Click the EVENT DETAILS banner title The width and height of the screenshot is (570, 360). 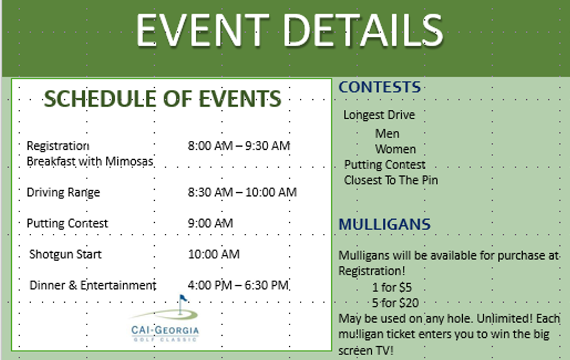[289, 31]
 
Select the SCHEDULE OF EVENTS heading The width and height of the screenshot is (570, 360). [163, 99]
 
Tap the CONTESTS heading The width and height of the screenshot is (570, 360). [380, 87]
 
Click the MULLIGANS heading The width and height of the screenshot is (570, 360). [385, 225]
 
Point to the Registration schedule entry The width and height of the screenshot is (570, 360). [58, 146]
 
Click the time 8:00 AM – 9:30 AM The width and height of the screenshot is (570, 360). [239, 146]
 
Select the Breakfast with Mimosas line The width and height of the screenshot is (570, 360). [90, 162]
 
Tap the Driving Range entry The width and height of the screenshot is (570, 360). [63, 193]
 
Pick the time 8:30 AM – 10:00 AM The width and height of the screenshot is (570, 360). [242, 192]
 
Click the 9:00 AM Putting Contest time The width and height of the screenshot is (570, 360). [210, 223]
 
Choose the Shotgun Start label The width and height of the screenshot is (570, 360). [65, 255]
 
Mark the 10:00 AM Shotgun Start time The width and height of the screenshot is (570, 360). [214, 254]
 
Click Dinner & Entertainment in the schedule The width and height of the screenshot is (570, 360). [93, 286]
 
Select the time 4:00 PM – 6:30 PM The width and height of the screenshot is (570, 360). [238, 285]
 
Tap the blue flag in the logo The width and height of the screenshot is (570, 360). [183, 298]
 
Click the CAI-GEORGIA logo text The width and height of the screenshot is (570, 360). [165, 331]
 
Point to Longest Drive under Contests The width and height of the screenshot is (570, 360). [379, 115]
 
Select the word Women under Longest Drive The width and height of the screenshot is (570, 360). [395, 149]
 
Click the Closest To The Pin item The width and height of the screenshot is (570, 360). [391, 180]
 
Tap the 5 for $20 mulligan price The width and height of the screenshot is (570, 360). [395, 303]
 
